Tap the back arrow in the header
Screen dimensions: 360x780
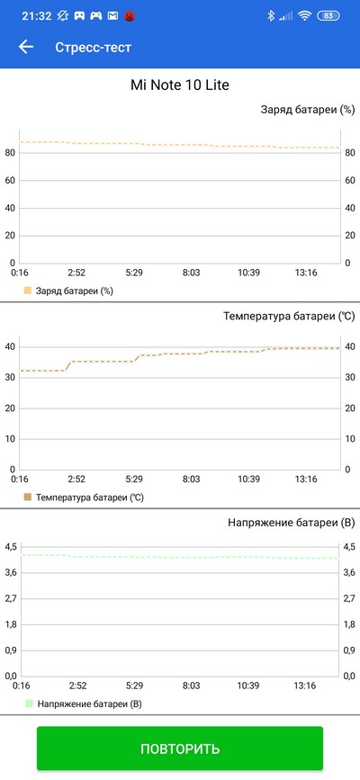click(26, 48)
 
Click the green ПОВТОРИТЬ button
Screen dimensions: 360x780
click(180, 749)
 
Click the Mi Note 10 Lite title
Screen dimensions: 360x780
click(180, 85)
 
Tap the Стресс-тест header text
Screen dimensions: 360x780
click(93, 48)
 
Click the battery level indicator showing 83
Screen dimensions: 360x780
click(328, 16)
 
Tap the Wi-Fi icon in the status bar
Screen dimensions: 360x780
click(304, 16)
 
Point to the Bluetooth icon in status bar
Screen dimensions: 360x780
click(271, 16)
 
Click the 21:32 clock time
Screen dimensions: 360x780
click(37, 16)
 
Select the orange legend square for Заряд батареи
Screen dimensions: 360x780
click(27, 291)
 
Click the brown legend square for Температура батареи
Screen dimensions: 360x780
click(27, 497)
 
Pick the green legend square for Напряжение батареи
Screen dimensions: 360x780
click(29, 704)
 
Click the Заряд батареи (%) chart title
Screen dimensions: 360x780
click(307, 110)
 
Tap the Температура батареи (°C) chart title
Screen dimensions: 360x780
click(289, 317)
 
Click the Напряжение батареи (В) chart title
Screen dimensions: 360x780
click(292, 523)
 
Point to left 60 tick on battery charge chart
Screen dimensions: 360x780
click(10, 181)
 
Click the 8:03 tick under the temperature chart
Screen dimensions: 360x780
click(191, 479)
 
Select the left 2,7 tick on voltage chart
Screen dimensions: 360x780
click(11, 598)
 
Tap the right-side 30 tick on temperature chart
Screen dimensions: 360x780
click(349, 378)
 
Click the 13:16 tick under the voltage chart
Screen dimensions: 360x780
click(305, 686)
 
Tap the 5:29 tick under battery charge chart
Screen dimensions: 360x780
click(134, 273)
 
